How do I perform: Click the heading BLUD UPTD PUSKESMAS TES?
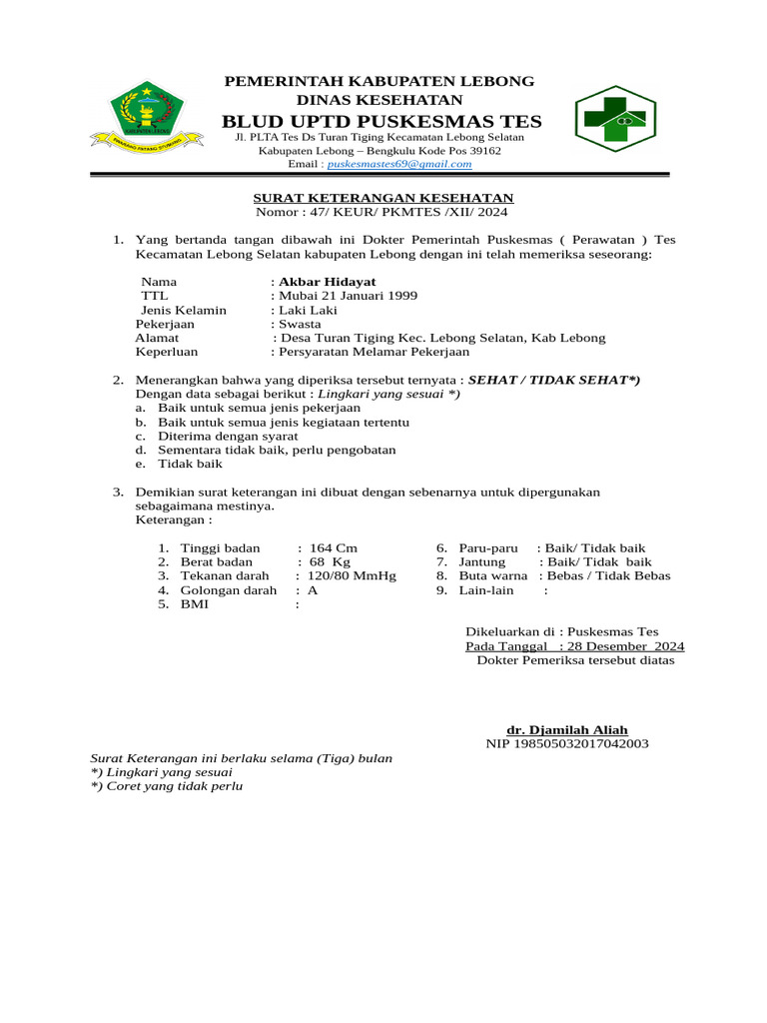tap(382, 122)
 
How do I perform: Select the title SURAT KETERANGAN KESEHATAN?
tap(383, 198)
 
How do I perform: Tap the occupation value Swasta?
tap(301, 324)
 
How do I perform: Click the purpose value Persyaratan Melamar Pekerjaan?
tap(375, 352)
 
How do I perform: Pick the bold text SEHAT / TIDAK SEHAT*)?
tap(554, 380)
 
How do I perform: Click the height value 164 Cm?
tap(334, 547)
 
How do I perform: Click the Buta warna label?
tap(493, 575)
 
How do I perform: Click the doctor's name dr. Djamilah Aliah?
tap(567, 729)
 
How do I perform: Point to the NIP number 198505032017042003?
tap(567, 743)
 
